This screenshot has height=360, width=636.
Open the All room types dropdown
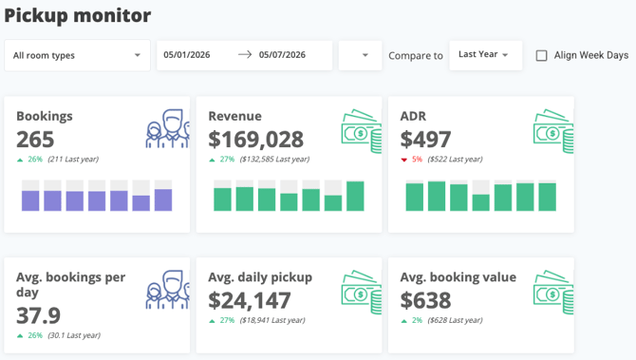(77, 55)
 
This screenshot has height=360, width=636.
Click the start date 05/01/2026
(187, 55)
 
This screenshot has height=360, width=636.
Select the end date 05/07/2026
(282, 55)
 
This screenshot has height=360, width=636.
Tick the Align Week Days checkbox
(541, 55)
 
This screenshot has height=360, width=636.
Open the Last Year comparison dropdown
(485, 55)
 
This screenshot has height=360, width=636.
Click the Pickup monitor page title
(78, 16)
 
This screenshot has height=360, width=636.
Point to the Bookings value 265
(35, 140)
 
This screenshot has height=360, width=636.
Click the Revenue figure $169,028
(255, 140)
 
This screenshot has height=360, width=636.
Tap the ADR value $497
(425, 140)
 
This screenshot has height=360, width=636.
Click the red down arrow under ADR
(404, 160)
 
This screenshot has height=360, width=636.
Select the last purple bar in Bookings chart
(163, 199)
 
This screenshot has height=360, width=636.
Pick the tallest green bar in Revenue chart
(355, 196)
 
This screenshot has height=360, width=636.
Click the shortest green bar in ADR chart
(481, 202)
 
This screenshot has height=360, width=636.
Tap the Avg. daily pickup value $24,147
(250, 300)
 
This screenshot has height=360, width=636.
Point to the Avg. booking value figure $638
(425, 300)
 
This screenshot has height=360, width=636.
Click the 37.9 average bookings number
(38, 315)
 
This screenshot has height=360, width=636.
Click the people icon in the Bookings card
(167, 128)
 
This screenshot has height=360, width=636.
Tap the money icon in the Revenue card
(362, 131)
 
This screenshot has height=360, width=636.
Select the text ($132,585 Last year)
(274, 159)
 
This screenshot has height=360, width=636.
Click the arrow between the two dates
(245, 54)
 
